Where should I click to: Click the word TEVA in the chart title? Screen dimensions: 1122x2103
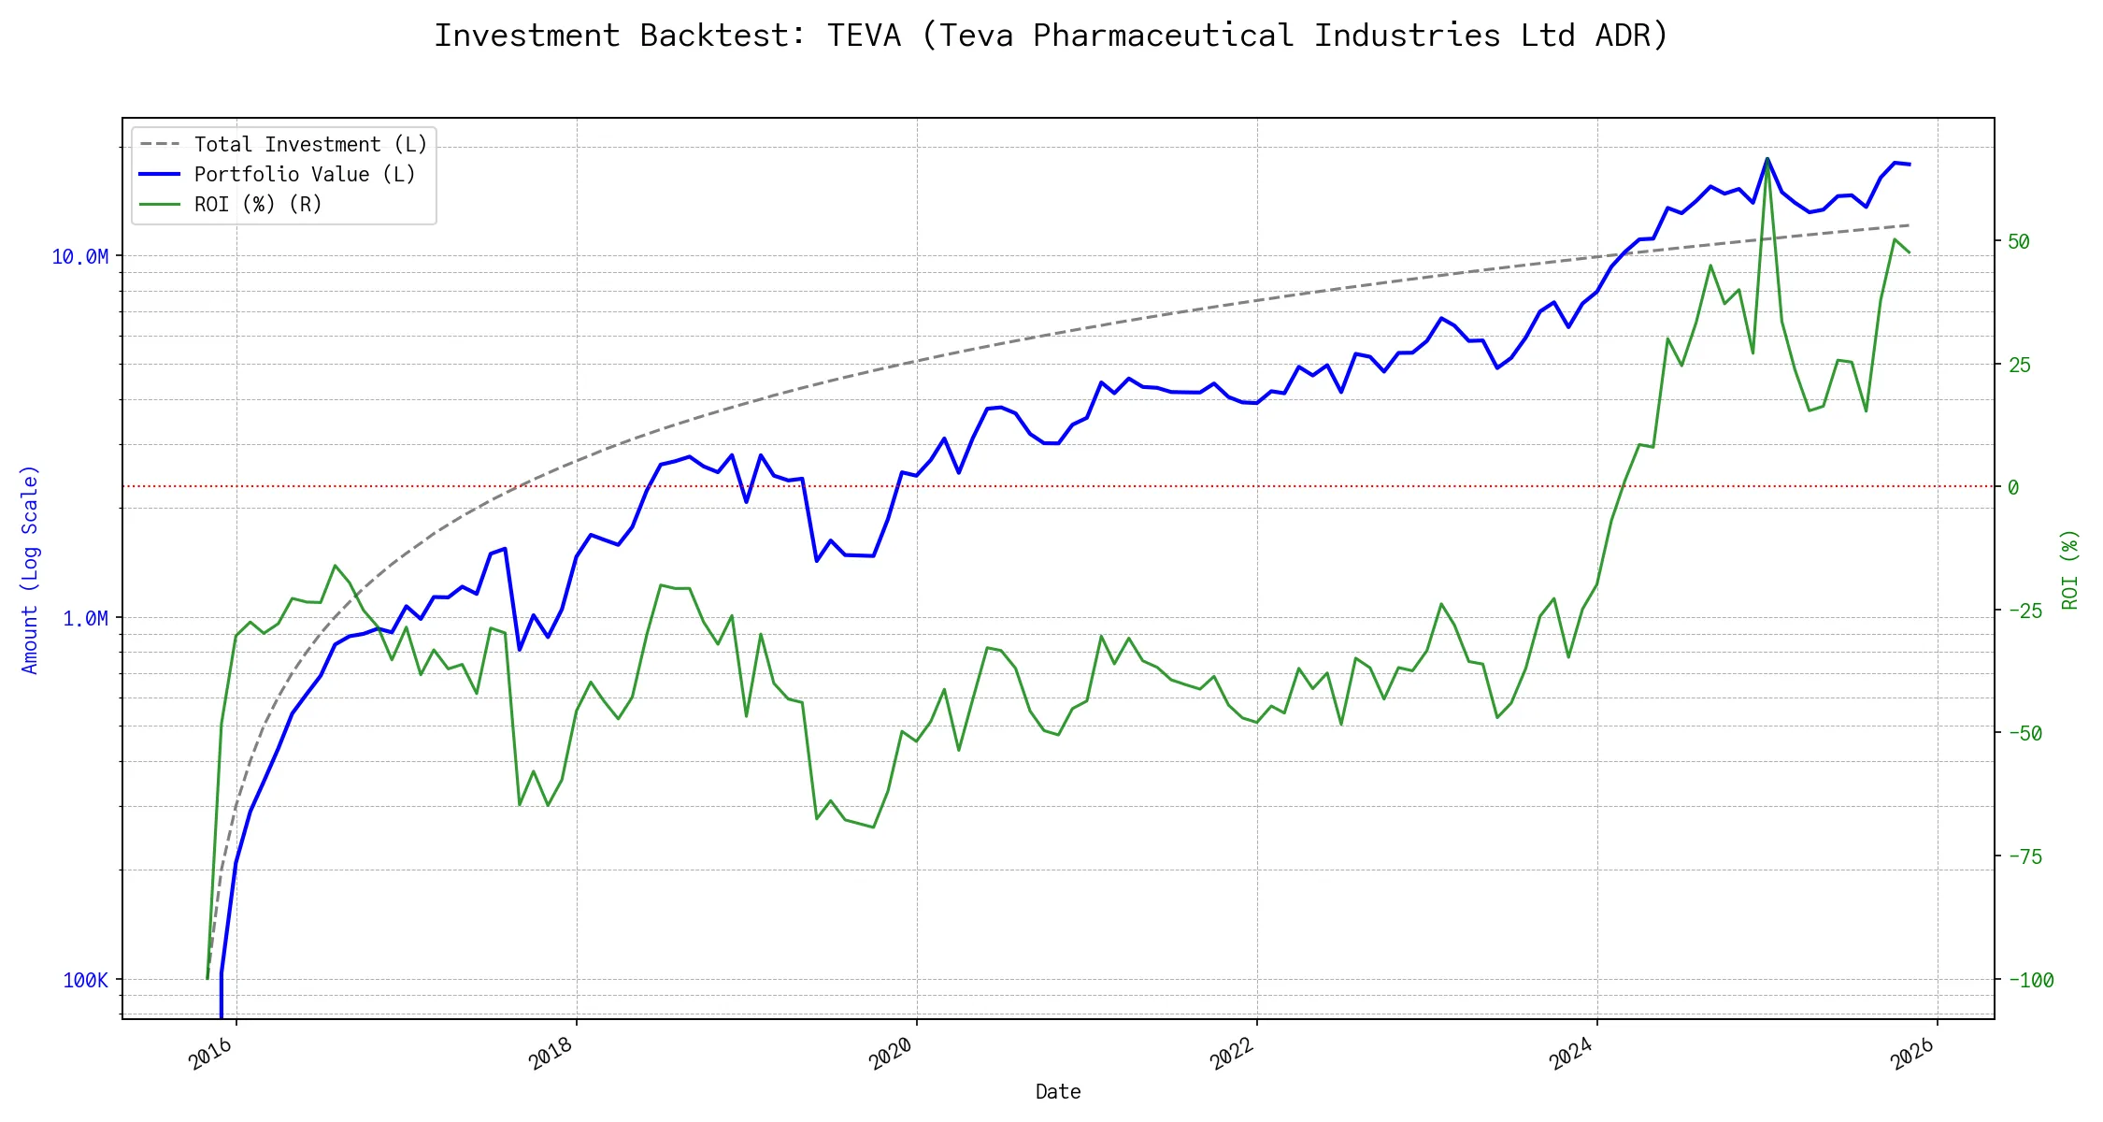tap(864, 36)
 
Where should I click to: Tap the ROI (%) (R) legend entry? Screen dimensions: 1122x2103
tap(258, 205)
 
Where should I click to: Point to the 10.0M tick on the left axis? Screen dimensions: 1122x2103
tap(80, 257)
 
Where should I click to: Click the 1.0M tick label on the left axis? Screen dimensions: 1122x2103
tap(85, 619)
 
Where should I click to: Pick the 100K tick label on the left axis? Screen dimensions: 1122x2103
tap(85, 981)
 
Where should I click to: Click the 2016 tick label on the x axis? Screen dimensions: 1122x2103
tap(210, 1055)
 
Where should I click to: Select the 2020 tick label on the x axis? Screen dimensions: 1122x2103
tap(891, 1055)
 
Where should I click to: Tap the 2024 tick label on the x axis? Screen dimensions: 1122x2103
tap(1571, 1055)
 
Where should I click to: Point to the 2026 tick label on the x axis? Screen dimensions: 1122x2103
tap(1911, 1055)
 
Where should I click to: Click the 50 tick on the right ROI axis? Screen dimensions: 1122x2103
tap(2019, 242)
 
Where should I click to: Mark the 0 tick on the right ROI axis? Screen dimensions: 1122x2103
tap(2013, 488)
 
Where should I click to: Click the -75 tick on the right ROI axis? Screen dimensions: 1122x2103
tap(2024, 857)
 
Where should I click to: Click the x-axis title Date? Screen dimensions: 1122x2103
tap(1058, 1092)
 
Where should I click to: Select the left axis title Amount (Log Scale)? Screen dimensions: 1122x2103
tap(30, 569)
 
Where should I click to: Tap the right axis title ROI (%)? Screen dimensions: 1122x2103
tap(2069, 569)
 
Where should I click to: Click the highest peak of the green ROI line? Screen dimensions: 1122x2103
tap(1767, 159)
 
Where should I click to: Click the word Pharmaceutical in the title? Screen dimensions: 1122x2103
tap(1163, 36)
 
